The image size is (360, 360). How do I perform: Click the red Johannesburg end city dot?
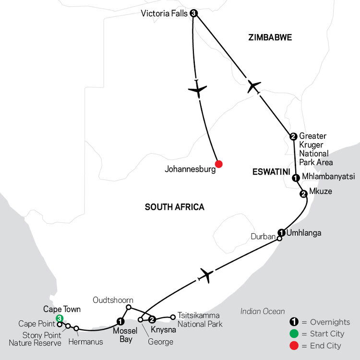tap(219, 164)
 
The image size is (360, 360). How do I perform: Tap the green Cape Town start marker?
tap(60, 318)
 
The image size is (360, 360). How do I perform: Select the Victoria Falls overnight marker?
tap(194, 13)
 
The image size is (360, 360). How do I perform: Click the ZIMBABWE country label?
tap(270, 37)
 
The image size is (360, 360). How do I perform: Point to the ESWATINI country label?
tap(271, 172)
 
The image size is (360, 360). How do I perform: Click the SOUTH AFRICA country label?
tap(175, 207)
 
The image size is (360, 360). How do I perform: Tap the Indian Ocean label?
tap(263, 312)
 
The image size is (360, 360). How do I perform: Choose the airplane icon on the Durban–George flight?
tap(206, 275)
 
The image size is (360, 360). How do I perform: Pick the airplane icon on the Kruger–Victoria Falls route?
tap(254, 86)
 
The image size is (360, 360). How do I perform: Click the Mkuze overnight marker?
tap(303, 194)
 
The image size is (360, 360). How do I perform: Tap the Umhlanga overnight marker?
tap(281, 233)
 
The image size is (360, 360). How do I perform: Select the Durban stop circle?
tap(279, 239)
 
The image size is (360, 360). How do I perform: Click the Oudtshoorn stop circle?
tap(129, 307)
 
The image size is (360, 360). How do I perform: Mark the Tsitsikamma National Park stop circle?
tap(173, 317)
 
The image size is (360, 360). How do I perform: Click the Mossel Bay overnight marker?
tap(120, 322)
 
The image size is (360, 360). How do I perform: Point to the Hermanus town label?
tap(85, 342)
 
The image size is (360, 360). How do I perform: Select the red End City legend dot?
tap(294, 346)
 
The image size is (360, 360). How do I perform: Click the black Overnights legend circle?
tap(294, 322)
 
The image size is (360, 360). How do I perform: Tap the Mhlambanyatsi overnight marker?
tap(296, 178)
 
